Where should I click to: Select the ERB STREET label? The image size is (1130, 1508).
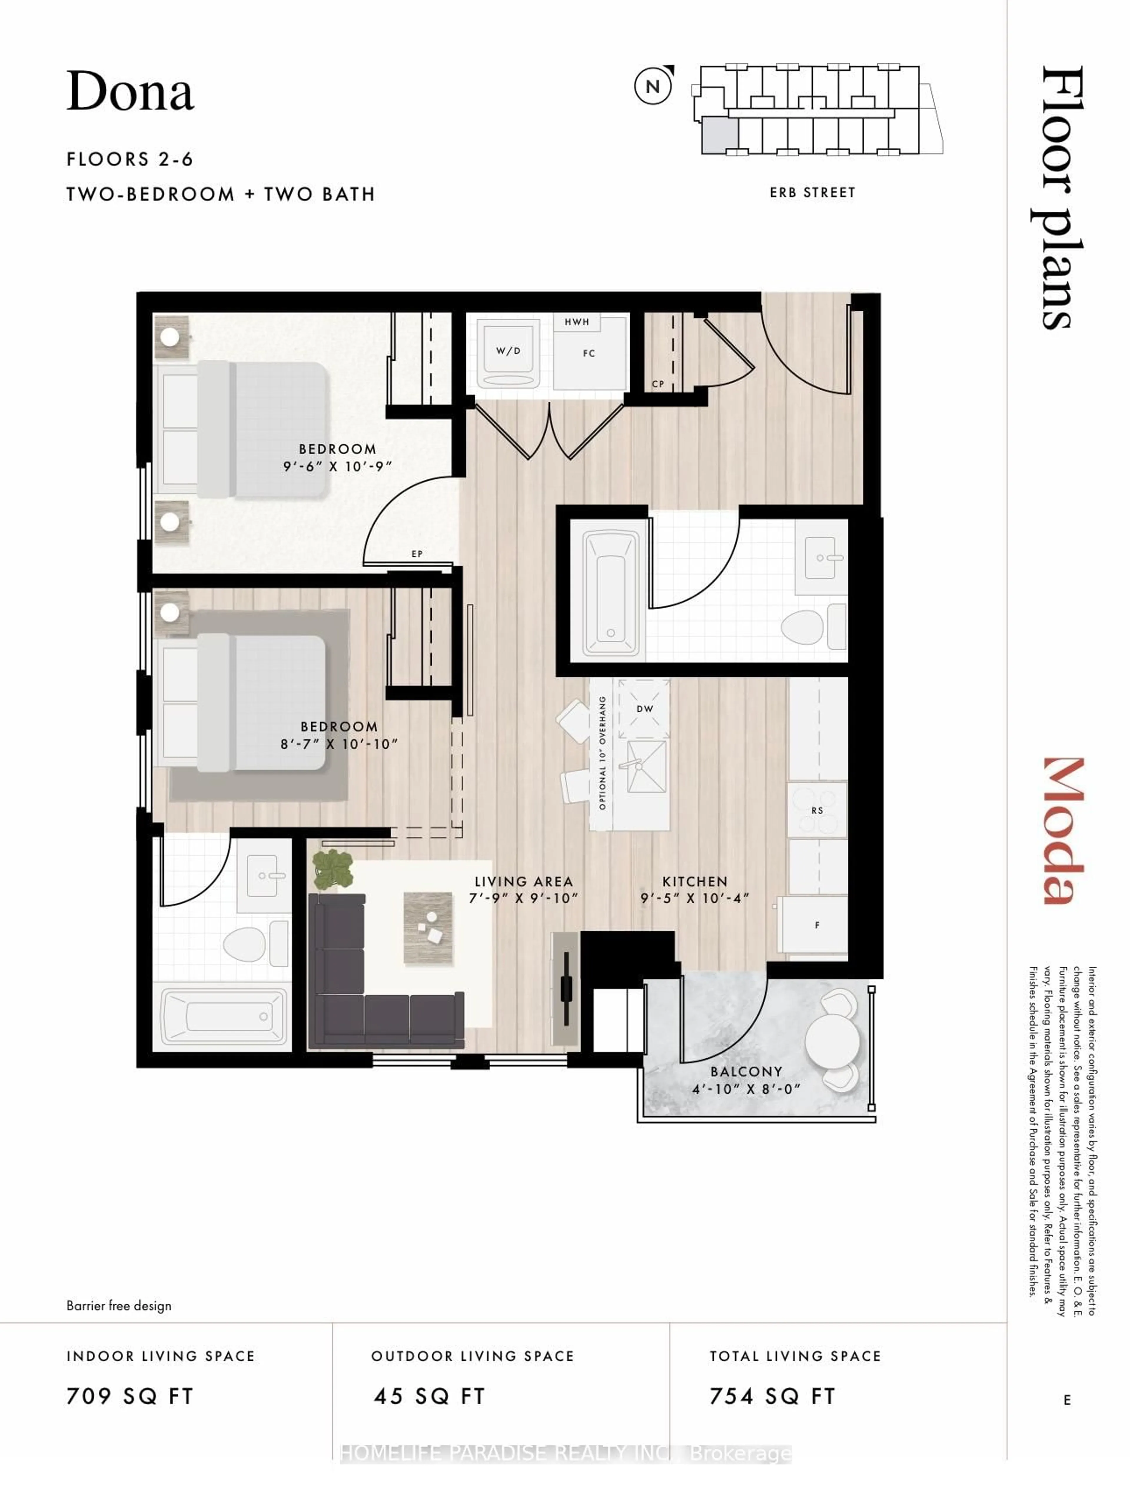pyautogui.click(x=812, y=193)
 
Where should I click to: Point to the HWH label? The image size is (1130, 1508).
pyautogui.click(x=576, y=322)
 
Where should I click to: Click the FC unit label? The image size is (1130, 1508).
pyautogui.click(x=589, y=353)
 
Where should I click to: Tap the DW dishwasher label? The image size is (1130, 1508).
pyautogui.click(x=644, y=708)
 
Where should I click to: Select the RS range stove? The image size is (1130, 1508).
pyautogui.click(x=817, y=810)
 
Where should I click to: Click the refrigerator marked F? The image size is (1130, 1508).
pyautogui.click(x=816, y=925)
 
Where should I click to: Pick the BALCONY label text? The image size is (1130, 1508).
pyautogui.click(x=746, y=1072)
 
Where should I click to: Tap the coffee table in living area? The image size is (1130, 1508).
pyautogui.click(x=428, y=927)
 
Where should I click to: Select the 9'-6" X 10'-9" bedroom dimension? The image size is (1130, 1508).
pyautogui.click(x=338, y=467)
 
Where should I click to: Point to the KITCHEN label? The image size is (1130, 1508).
pyautogui.click(x=694, y=881)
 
